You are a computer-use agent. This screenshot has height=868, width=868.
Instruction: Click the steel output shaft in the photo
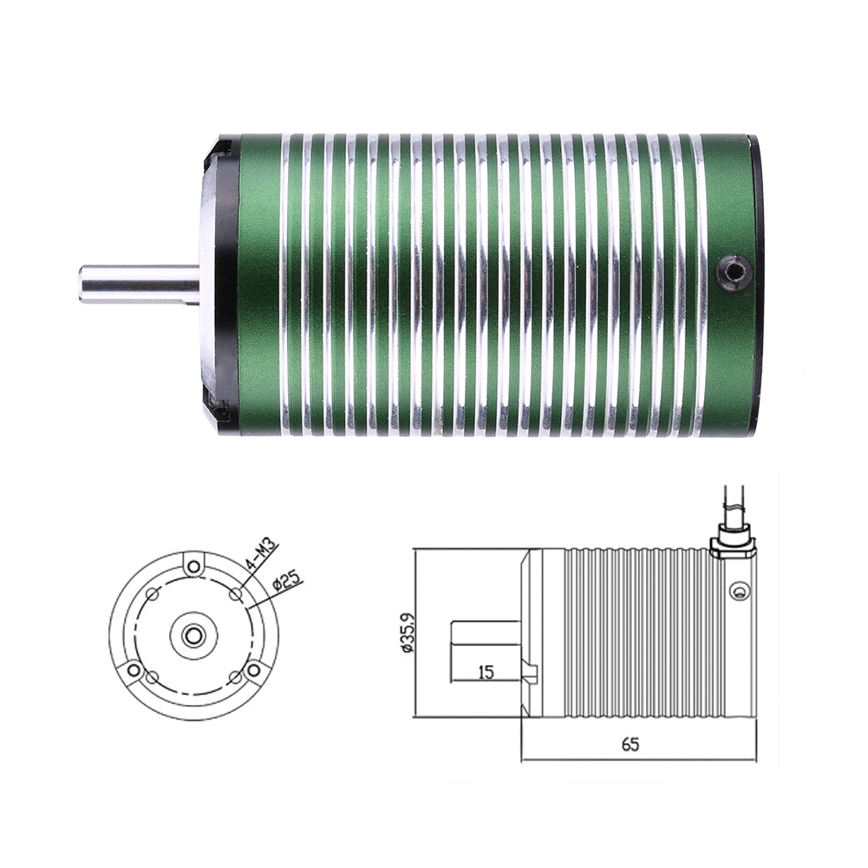[x=139, y=284]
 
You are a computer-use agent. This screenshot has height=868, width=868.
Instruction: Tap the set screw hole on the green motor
[x=734, y=272]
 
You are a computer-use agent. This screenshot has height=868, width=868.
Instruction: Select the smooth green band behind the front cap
[x=258, y=284]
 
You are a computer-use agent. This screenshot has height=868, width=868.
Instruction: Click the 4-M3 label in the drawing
[x=261, y=555]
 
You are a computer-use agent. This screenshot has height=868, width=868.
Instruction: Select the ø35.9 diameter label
[x=405, y=633]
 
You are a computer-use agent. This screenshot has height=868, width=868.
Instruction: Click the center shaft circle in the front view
[x=194, y=636]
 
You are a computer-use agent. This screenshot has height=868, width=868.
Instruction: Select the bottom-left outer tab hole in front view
[x=134, y=670]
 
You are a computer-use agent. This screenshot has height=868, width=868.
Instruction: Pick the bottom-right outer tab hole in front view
[x=253, y=670]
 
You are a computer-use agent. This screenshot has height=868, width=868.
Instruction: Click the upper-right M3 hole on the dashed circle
[x=236, y=595]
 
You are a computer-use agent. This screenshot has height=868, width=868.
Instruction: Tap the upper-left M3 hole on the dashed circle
[x=153, y=595]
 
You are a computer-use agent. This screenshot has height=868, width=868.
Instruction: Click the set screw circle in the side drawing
[x=738, y=592]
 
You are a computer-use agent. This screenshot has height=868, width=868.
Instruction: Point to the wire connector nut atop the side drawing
[x=732, y=545]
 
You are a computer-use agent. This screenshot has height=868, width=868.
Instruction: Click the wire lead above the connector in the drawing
[x=729, y=507]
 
